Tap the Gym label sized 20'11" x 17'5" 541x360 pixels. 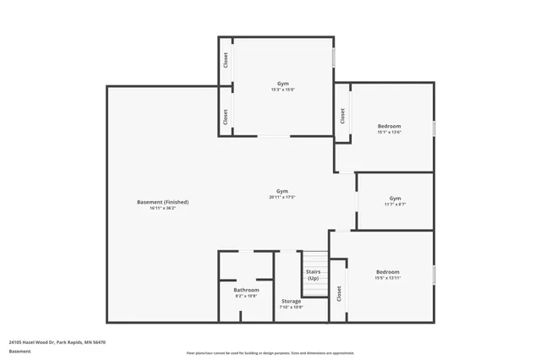[x=282, y=191]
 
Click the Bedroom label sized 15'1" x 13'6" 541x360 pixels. [x=389, y=126]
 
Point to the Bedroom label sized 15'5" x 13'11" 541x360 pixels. [x=387, y=271]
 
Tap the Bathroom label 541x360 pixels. [x=247, y=290]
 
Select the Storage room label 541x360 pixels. [x=291, y=301]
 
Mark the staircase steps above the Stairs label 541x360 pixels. [x=314, y=259]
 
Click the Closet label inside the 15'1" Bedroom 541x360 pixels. [x=342, y=116]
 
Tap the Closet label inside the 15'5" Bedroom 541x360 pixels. [x=339, y=292]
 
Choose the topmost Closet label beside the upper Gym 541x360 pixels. [x=226, y=60]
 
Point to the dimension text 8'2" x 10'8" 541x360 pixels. [x=247, y=296]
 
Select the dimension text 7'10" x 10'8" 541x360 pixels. [x=291, y=307]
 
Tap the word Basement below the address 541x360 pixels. [x=19, y=351]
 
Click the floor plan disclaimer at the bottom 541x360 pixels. [x=270, y=352]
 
